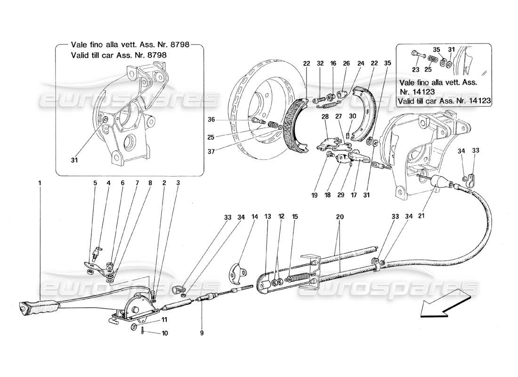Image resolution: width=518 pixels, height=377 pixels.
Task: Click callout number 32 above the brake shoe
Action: point(320,64)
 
